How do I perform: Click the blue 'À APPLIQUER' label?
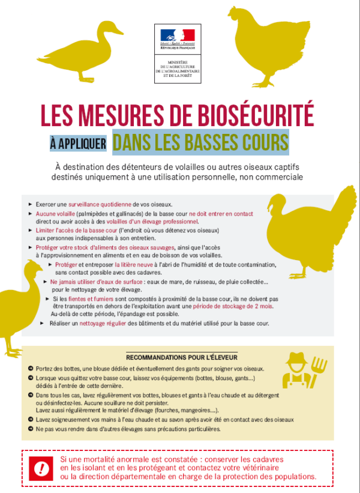click(78, 144)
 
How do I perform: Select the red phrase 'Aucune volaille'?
click(55, 214)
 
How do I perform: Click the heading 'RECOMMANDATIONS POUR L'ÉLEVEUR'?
click(182, 357)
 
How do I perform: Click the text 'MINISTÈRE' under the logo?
click(178, 62)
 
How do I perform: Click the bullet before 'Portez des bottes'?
click(31, 369)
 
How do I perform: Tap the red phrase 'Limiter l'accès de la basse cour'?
click(76, 231)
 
